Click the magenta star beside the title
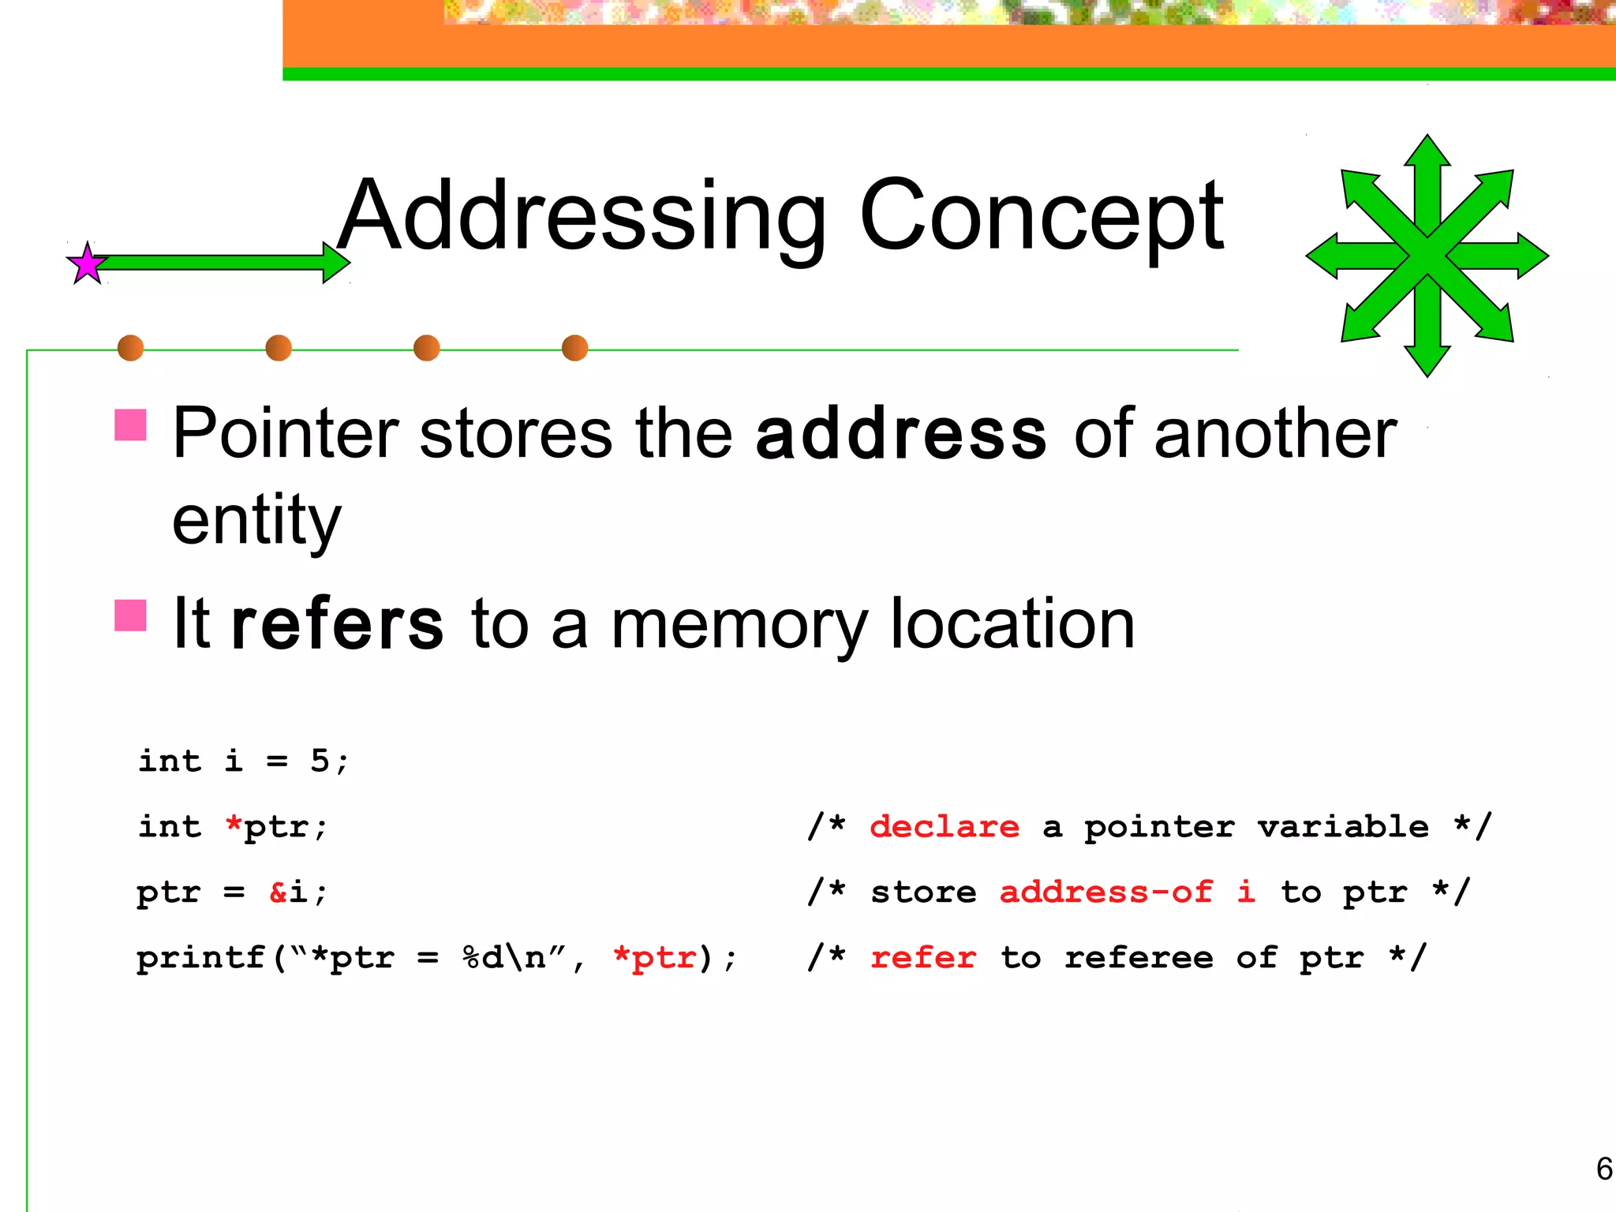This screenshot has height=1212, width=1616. point(87,264)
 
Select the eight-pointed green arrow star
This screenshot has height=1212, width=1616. point(1427,256)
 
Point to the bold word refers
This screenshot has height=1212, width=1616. point(338,624)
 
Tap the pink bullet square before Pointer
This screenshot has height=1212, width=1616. point(131,425)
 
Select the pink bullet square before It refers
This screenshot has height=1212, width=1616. point(131,615)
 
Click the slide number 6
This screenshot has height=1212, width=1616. point(1603,1169)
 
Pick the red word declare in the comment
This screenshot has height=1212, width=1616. point(945,827)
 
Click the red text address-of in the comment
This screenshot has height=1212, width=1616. point(1105,892)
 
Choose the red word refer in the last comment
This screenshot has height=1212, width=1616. point(923,958)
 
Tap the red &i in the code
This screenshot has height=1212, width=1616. point(288,892)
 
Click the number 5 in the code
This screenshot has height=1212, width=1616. point(320,761)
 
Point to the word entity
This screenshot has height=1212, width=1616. point(256,521)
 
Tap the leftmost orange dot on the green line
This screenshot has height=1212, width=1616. point(130,348)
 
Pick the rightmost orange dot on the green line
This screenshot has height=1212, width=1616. point(574,348)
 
